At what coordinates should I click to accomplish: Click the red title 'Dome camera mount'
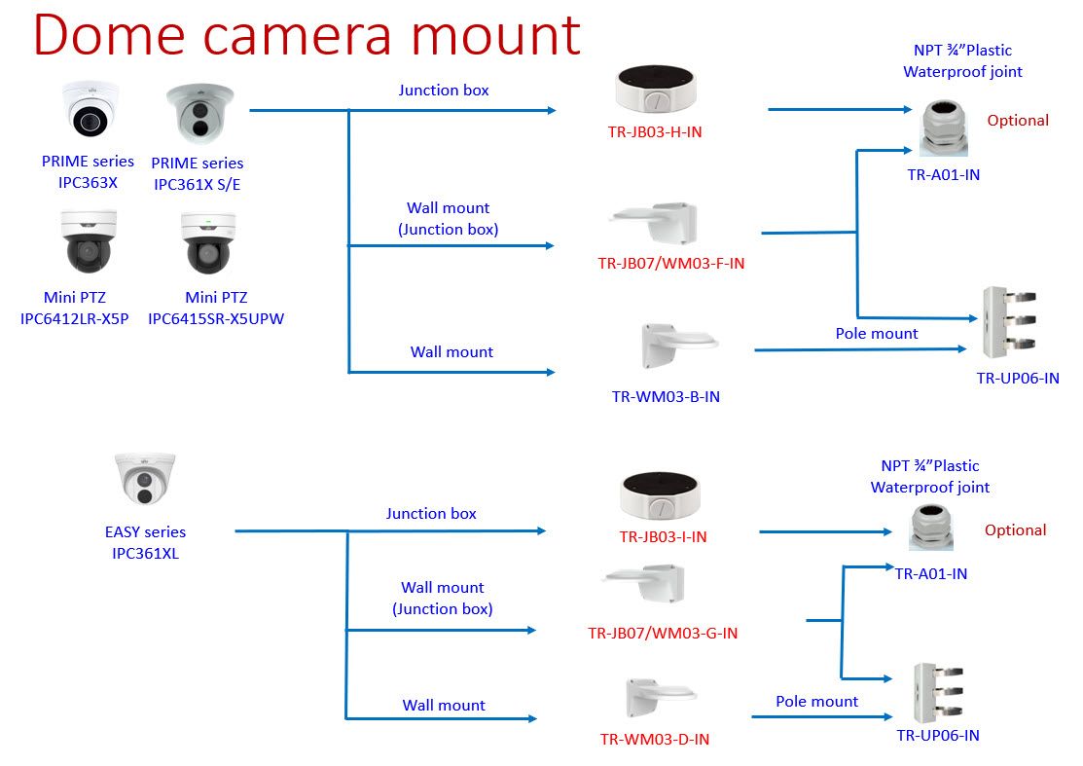pos(307,37)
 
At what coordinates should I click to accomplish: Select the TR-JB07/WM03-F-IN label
pos(670,263)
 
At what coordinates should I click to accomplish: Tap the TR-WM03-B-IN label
pos(666,396)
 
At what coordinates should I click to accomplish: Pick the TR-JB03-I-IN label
pos(663,536)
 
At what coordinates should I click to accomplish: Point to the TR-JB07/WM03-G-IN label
pos(663,633)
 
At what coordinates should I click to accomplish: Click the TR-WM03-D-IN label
pos(654,739)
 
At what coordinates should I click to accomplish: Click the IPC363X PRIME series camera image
pos(89,110)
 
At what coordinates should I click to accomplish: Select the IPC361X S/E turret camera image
pos(199,115)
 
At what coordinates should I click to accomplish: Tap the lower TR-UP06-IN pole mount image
pos(938,692)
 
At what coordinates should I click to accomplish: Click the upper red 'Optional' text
pos(1018,121)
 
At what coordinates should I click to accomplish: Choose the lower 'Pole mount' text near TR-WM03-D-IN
pos(816,701)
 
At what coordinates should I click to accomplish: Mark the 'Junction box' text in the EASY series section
pos(431,513)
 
